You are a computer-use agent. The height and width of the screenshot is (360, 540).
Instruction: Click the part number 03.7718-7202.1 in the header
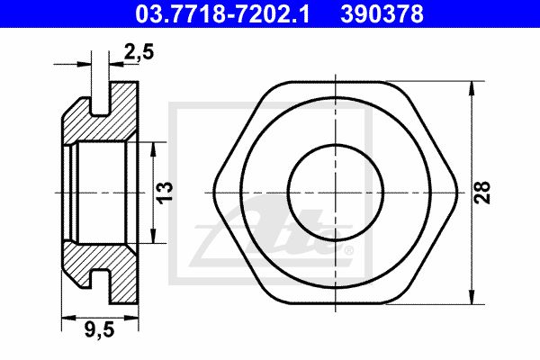point(222,14)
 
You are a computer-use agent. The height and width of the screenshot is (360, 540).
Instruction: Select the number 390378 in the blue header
point(382,14)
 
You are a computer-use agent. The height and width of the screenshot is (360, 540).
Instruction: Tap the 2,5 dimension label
point(139,53)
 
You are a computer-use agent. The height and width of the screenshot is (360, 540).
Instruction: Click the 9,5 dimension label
point(99,330)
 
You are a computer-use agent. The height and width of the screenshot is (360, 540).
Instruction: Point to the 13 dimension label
point(166,193)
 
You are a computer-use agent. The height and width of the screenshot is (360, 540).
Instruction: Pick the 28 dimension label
point(482,193)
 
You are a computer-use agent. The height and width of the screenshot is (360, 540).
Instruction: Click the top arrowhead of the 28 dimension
point(472,88)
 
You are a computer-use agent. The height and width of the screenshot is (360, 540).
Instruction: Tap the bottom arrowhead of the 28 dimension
point(472,297)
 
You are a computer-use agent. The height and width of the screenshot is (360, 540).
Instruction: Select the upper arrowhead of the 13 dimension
point(154,148)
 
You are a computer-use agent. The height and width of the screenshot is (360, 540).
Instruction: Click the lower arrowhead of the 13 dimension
point(154,236)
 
